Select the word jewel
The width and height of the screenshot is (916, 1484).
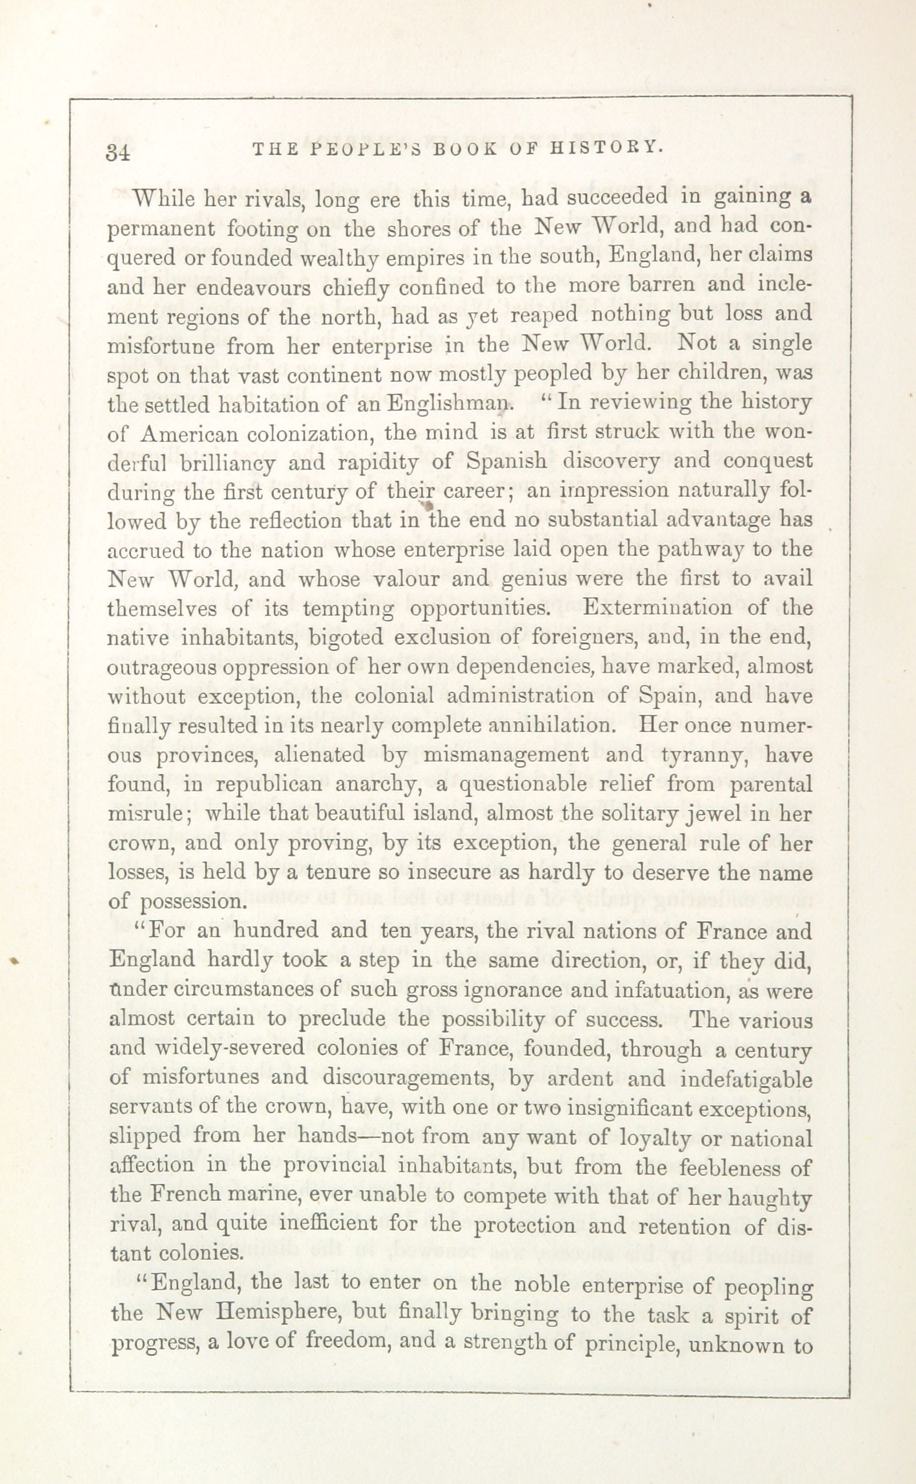[723, 814]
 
